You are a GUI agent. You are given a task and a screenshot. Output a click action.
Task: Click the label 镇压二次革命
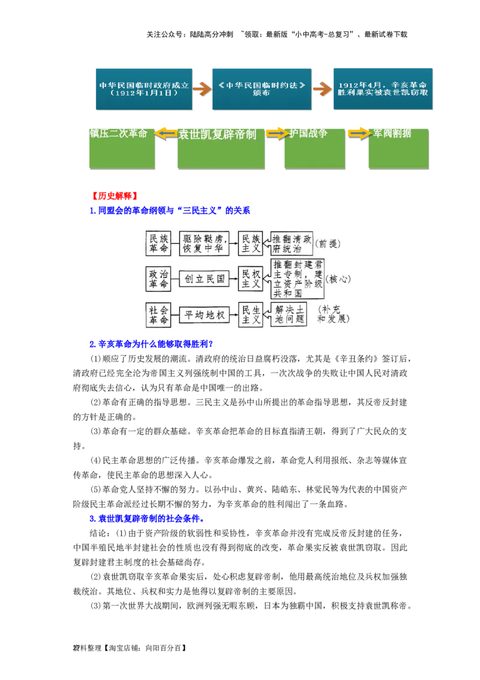pyautogui.click(x=118, y=133)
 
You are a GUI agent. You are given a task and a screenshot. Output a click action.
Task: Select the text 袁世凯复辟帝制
pyautogui.click(x=217, y=135)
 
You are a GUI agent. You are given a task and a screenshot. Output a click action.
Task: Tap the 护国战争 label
pyautogui.click(x=308, y=133)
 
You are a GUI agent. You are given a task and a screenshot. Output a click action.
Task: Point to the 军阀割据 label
pyautogui.click(x=392, y=133)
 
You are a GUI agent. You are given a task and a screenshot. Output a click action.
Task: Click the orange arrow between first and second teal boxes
pyautogui.click(x=202, y=89)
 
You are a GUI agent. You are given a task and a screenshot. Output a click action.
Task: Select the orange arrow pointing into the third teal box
pyautogui.click(x=323, y=90)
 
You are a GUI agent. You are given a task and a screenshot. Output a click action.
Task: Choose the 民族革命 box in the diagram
pyautogui.click(x=158, y=243)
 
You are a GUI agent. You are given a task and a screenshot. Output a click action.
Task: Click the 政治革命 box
pyautogui.click(x=158, y=279)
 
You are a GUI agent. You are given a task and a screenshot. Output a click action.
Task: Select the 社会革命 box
pyautogui.click(x=158, y=315)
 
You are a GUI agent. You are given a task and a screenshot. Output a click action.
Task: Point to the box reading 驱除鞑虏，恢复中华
pyautogui.click(x=205, y=243)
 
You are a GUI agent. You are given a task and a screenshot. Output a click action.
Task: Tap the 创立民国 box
pyautogui.click(x=205, y=279)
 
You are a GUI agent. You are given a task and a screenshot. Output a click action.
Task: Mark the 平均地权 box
pyautogui.click(x=205, y=315)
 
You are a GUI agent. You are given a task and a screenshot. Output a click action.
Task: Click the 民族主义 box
pyautogui.click(x=251, y=243)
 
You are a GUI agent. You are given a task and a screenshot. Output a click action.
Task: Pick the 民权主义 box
pyautogui.click(x=251, y=279)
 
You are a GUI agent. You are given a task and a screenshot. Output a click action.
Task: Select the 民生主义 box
pyautogui.click(x=251, y=315)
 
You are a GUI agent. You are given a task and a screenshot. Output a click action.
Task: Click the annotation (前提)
pyautogui.click(x=330, y=243)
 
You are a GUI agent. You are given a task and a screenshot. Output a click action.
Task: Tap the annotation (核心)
pyautogui.click(x=339, y=279)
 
